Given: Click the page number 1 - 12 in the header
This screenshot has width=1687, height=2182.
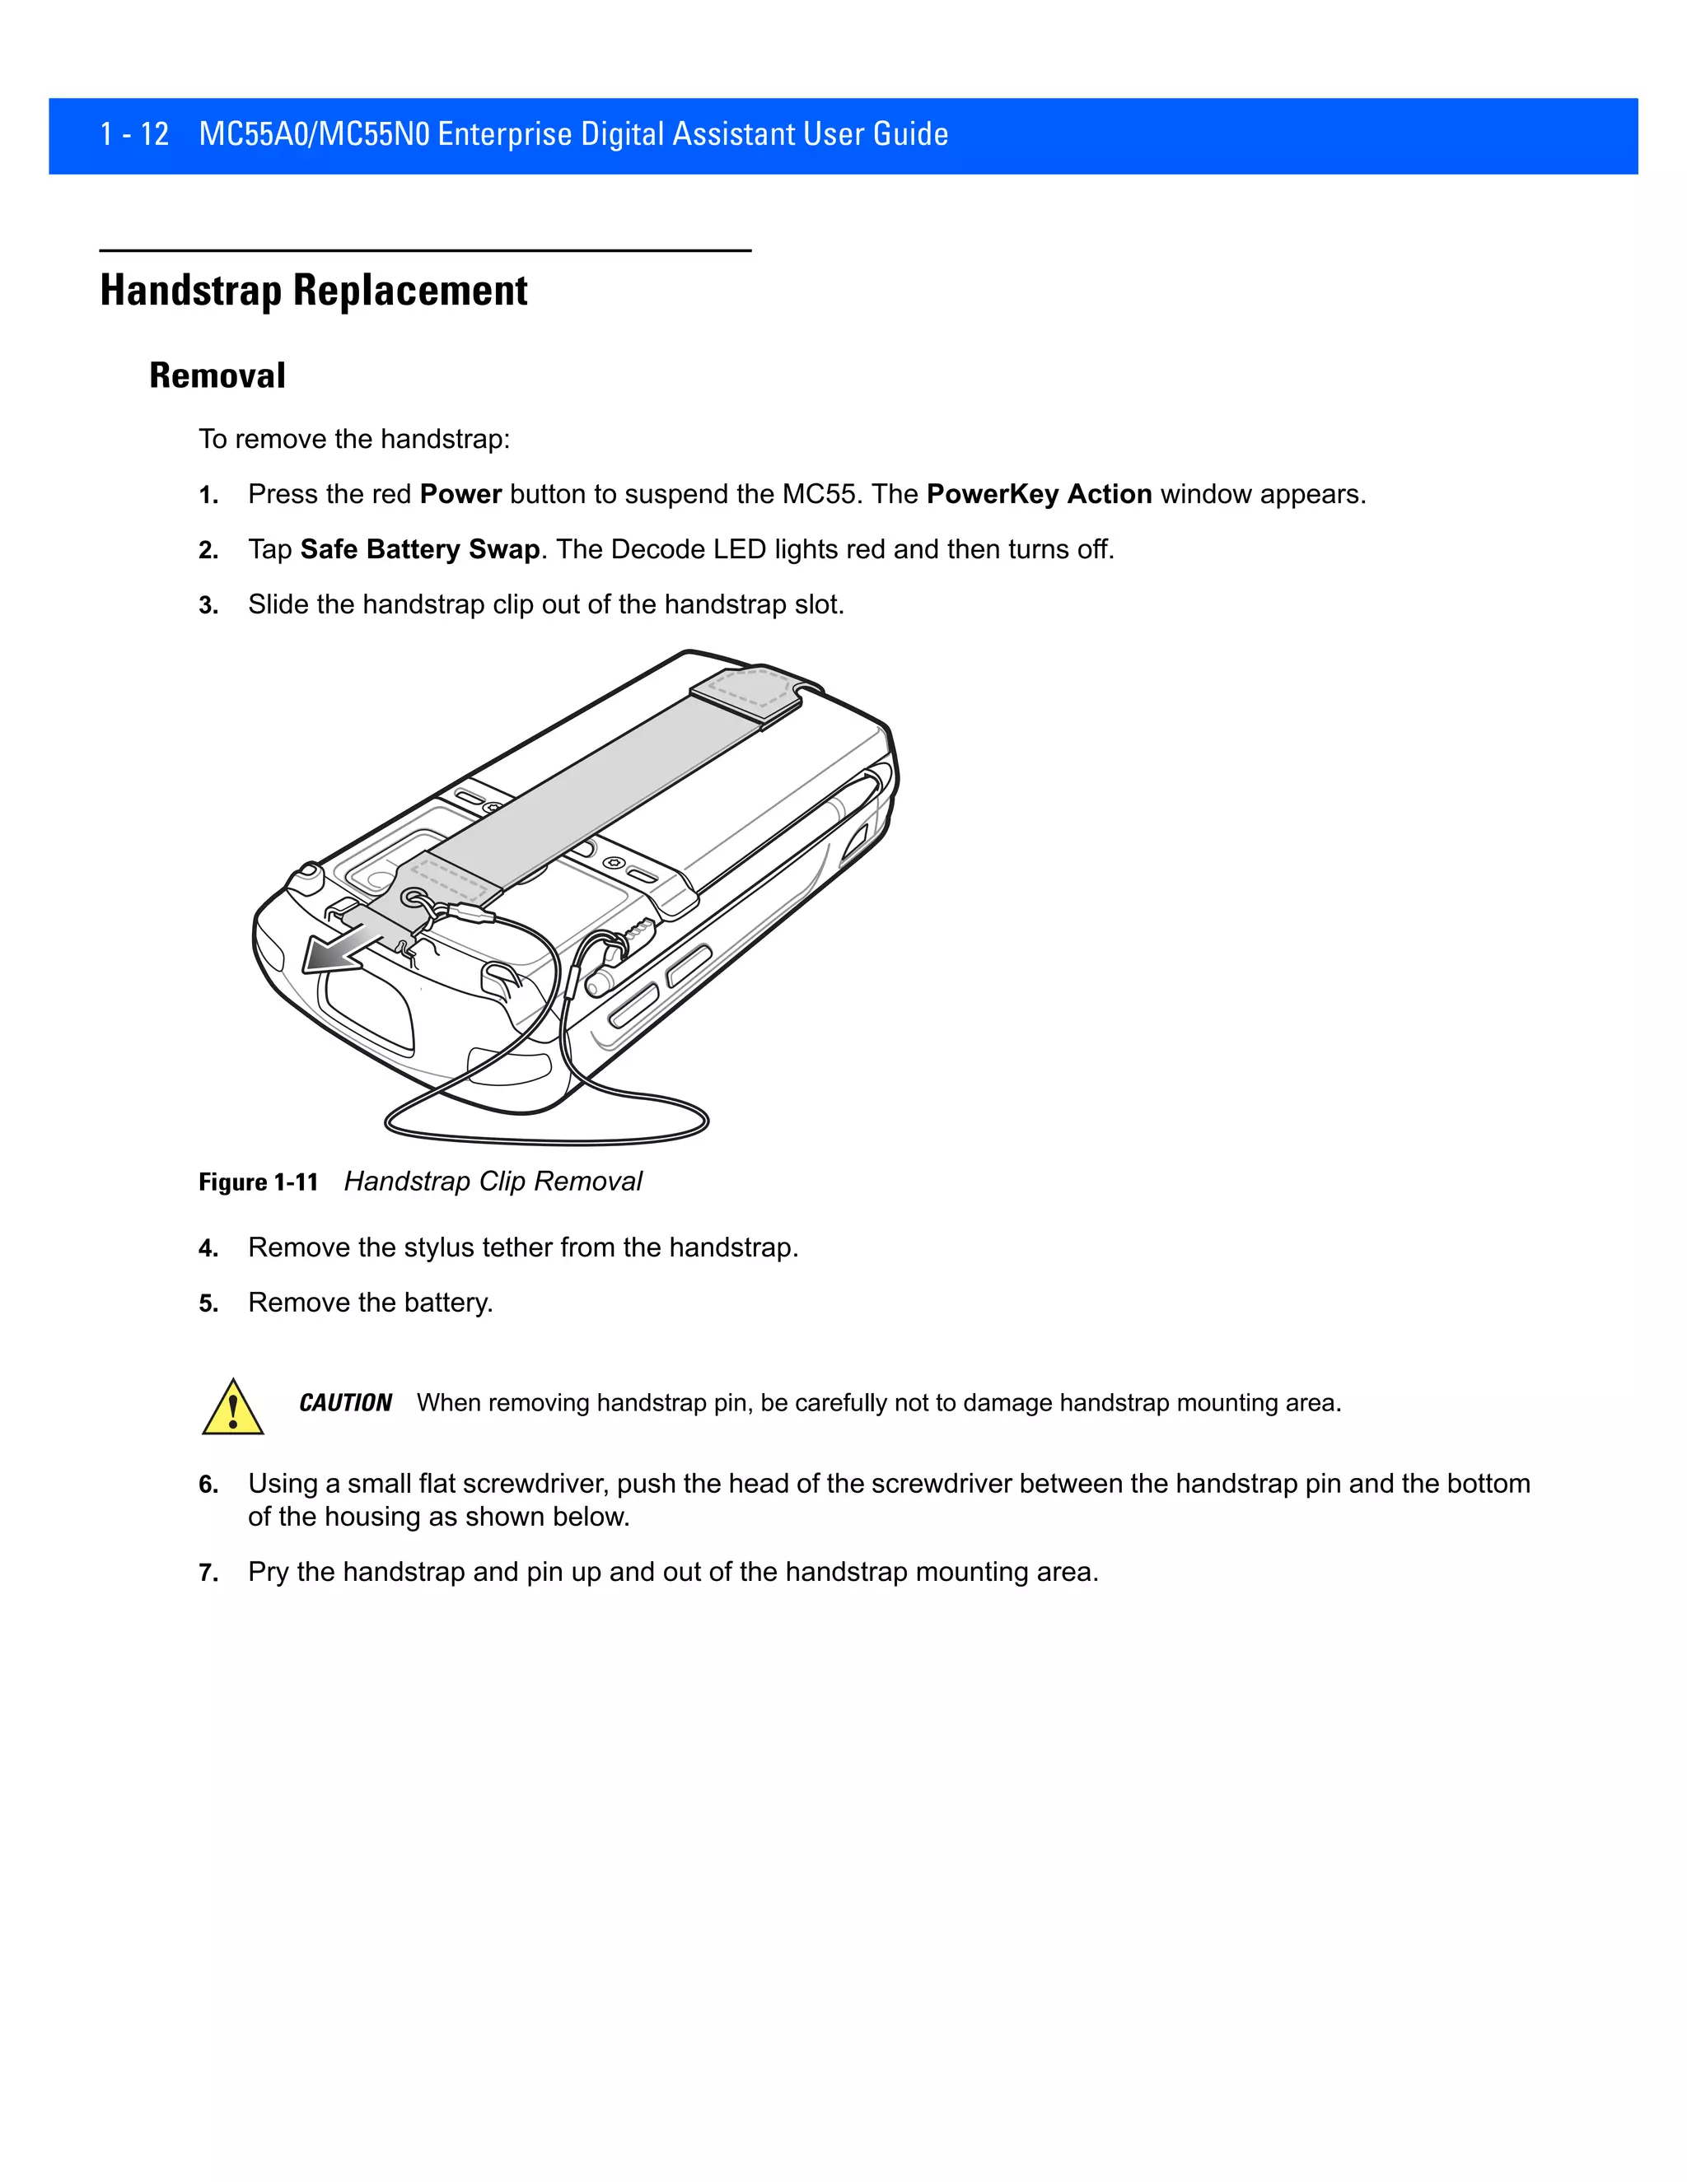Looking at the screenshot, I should coord(134,134).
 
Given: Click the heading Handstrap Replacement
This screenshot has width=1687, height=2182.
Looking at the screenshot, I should coord(313,291).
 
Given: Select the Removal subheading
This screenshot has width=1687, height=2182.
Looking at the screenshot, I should coord(217,375).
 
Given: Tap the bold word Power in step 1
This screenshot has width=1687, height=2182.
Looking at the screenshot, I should coord(460,495).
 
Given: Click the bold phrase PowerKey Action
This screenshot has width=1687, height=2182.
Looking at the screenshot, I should coord(1039,495).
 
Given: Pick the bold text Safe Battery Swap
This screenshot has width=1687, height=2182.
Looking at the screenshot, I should coord(420,549).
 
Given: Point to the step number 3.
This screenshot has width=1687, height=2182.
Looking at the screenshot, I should coord(207,605).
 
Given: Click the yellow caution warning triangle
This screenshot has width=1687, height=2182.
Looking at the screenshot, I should coord(233,1409).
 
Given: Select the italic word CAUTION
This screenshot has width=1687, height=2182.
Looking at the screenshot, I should coord(345,1403).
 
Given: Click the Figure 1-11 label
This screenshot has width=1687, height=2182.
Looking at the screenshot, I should coord(258,1182).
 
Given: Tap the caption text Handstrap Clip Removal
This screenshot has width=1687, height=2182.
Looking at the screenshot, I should coord(493,1182).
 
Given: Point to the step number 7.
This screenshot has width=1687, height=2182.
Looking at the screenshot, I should coord(207,1574).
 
